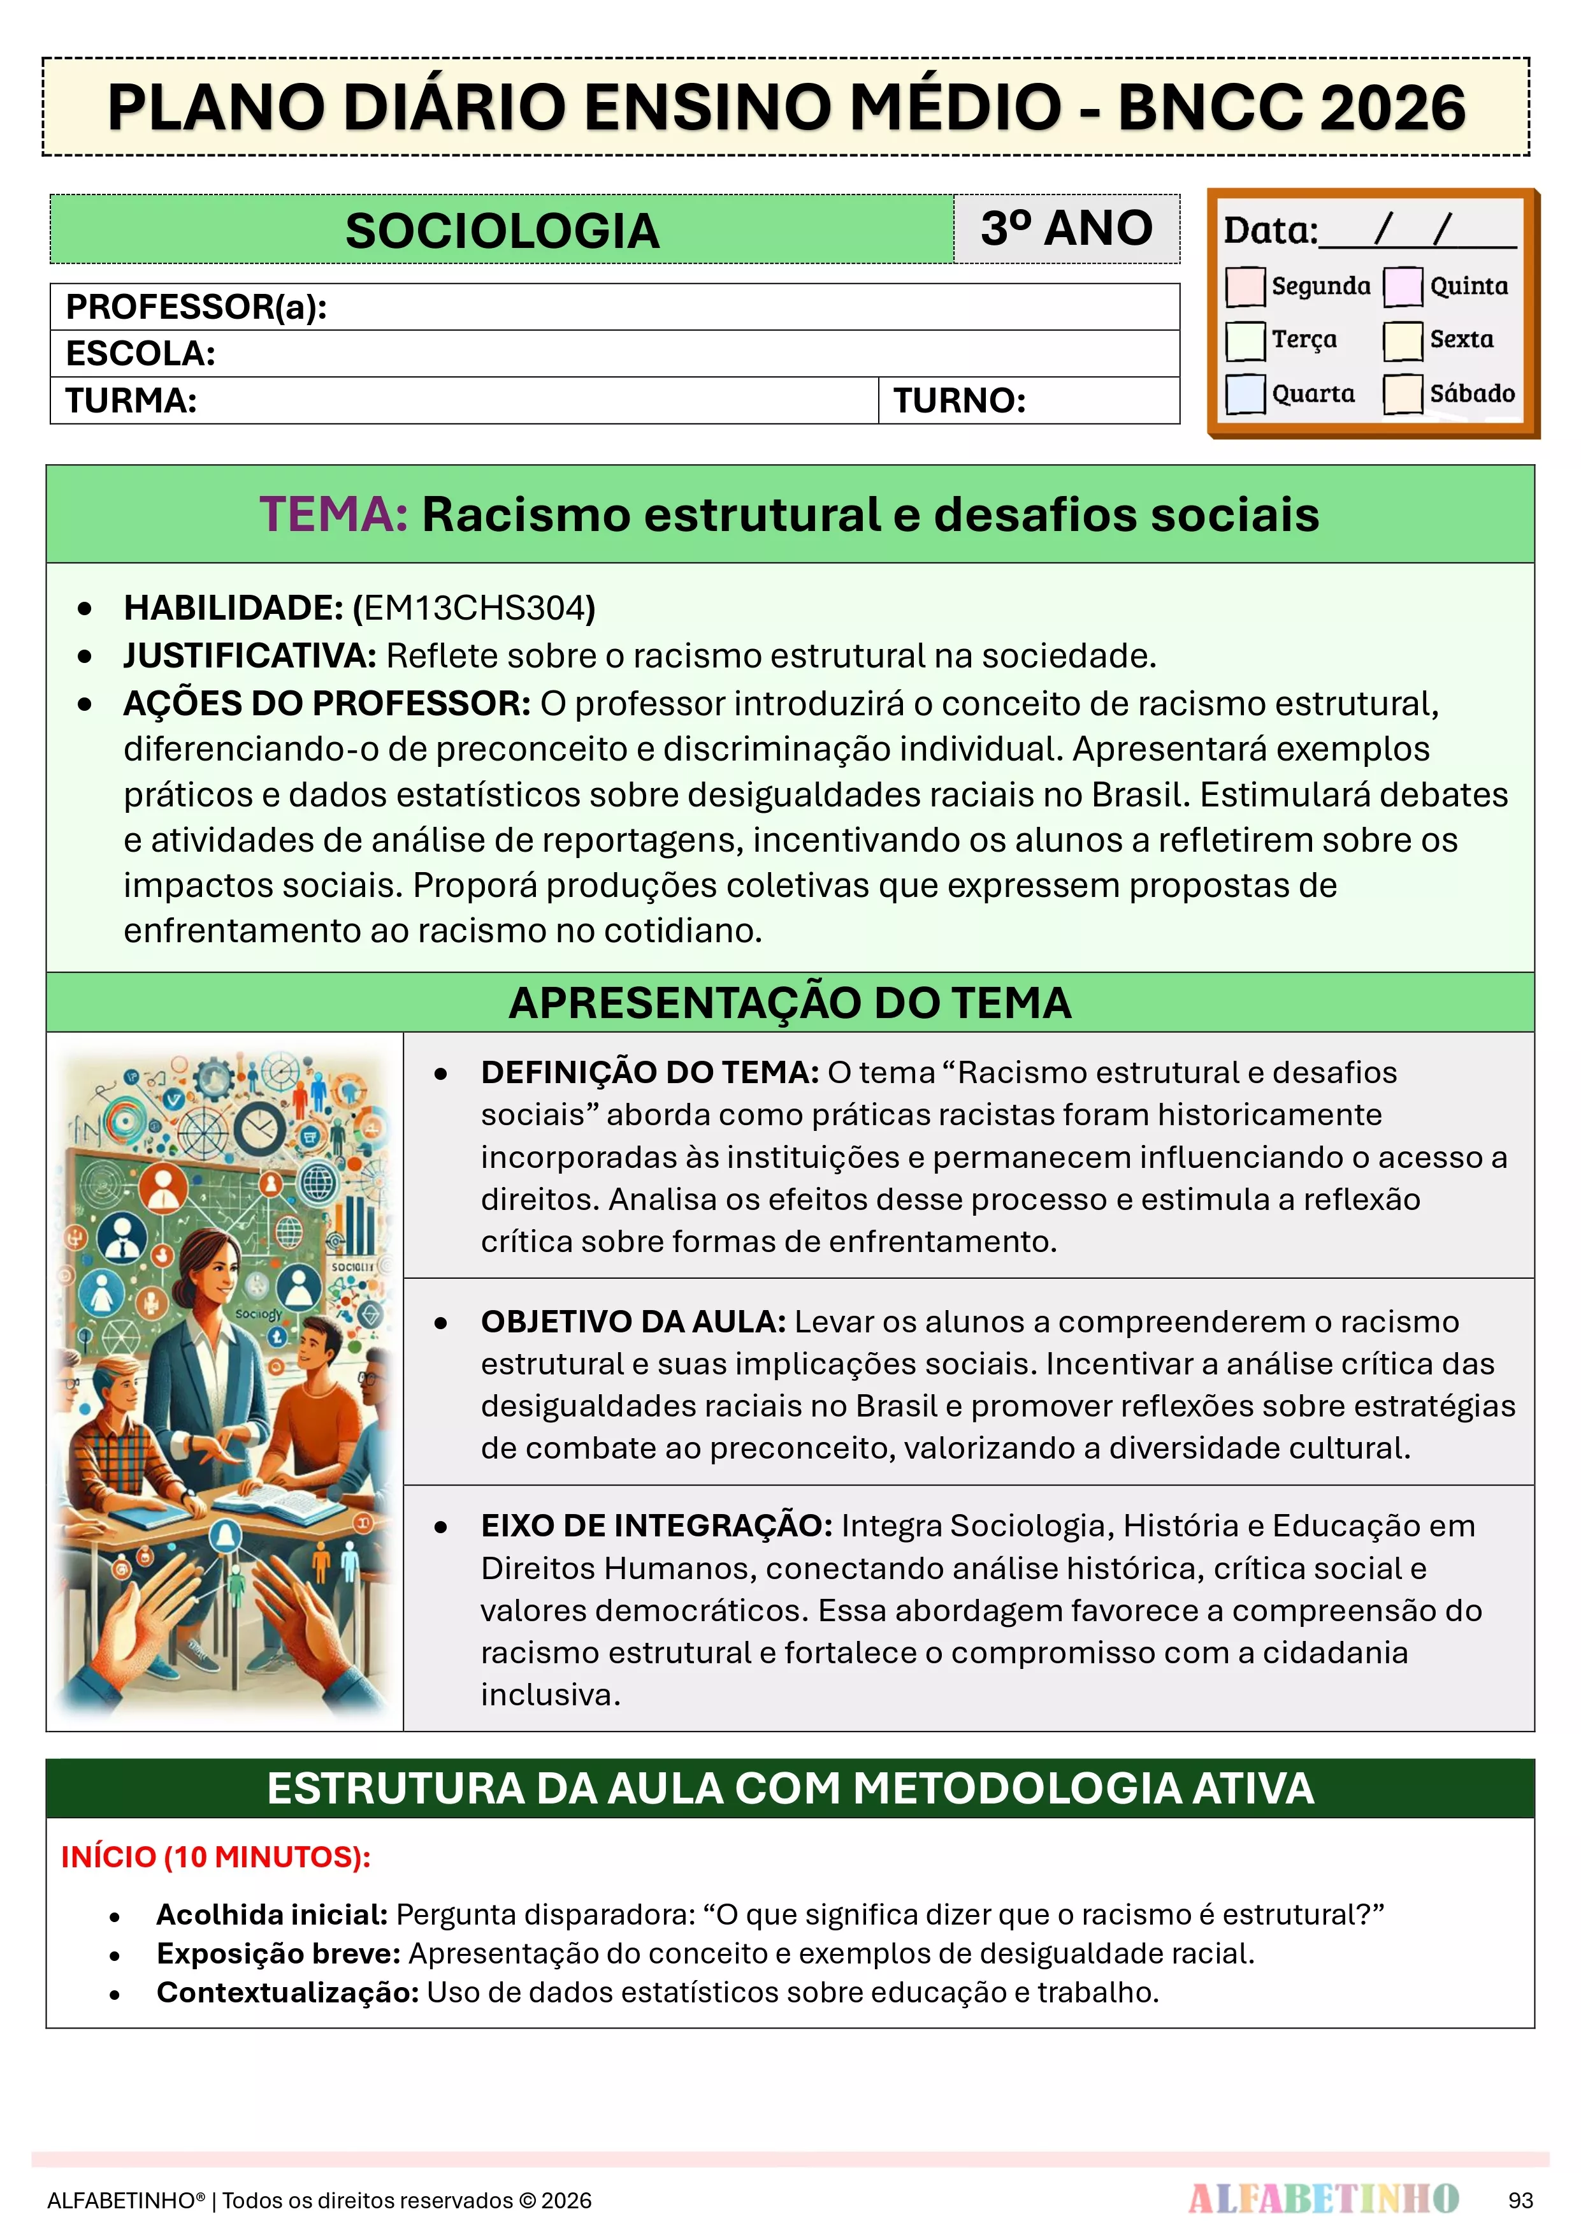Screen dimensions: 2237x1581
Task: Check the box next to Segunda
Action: point(1245,286)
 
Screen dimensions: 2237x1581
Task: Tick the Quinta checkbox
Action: point(1403,286)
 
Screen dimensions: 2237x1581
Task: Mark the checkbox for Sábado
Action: point(1403,393)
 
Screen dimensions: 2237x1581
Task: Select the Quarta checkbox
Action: point(1245,393)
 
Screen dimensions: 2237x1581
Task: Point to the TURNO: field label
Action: point(960,400)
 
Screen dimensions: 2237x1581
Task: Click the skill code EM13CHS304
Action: point(473,608)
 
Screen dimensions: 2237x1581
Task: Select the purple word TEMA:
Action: point(333,514)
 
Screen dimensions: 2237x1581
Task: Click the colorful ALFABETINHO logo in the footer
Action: point(1323,2198)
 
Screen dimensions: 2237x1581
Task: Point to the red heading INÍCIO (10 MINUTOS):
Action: point(215,1857)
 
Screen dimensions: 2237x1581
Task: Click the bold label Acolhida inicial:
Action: point(271,1914)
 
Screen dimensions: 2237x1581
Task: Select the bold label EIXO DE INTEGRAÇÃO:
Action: point(656,1526)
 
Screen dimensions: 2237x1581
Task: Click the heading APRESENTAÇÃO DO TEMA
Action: point(790,1003)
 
